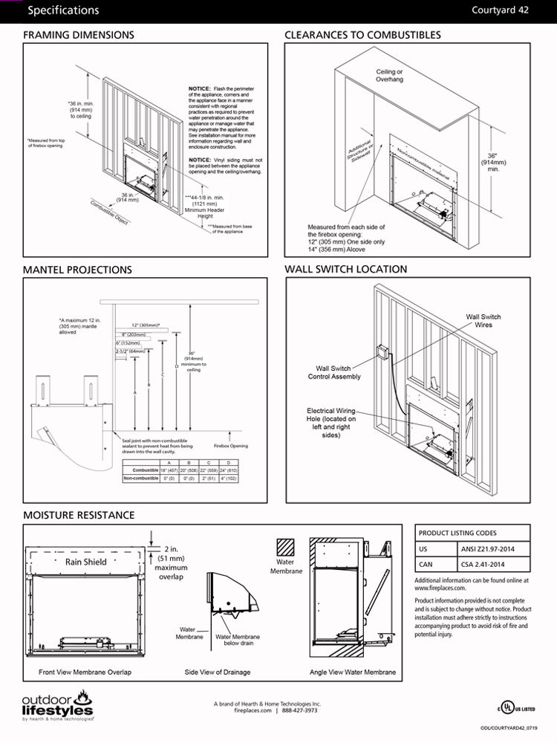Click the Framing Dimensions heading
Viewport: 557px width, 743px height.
coord(78,35)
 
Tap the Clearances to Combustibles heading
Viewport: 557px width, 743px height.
coord(362,35)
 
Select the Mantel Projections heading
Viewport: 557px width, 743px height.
coord(77,270)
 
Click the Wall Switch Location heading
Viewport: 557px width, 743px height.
coord(346,269)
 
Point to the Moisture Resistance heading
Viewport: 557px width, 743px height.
coord(79,515)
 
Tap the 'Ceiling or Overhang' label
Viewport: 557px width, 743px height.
coord(389,75)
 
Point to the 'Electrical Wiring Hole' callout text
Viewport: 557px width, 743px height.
coord(331,423)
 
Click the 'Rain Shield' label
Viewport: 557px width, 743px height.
coord(85,562)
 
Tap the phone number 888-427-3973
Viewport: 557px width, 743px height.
coord(299,710)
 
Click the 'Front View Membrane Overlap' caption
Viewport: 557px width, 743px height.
coord(85,672)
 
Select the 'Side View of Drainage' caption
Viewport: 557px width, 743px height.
coord(218,672)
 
